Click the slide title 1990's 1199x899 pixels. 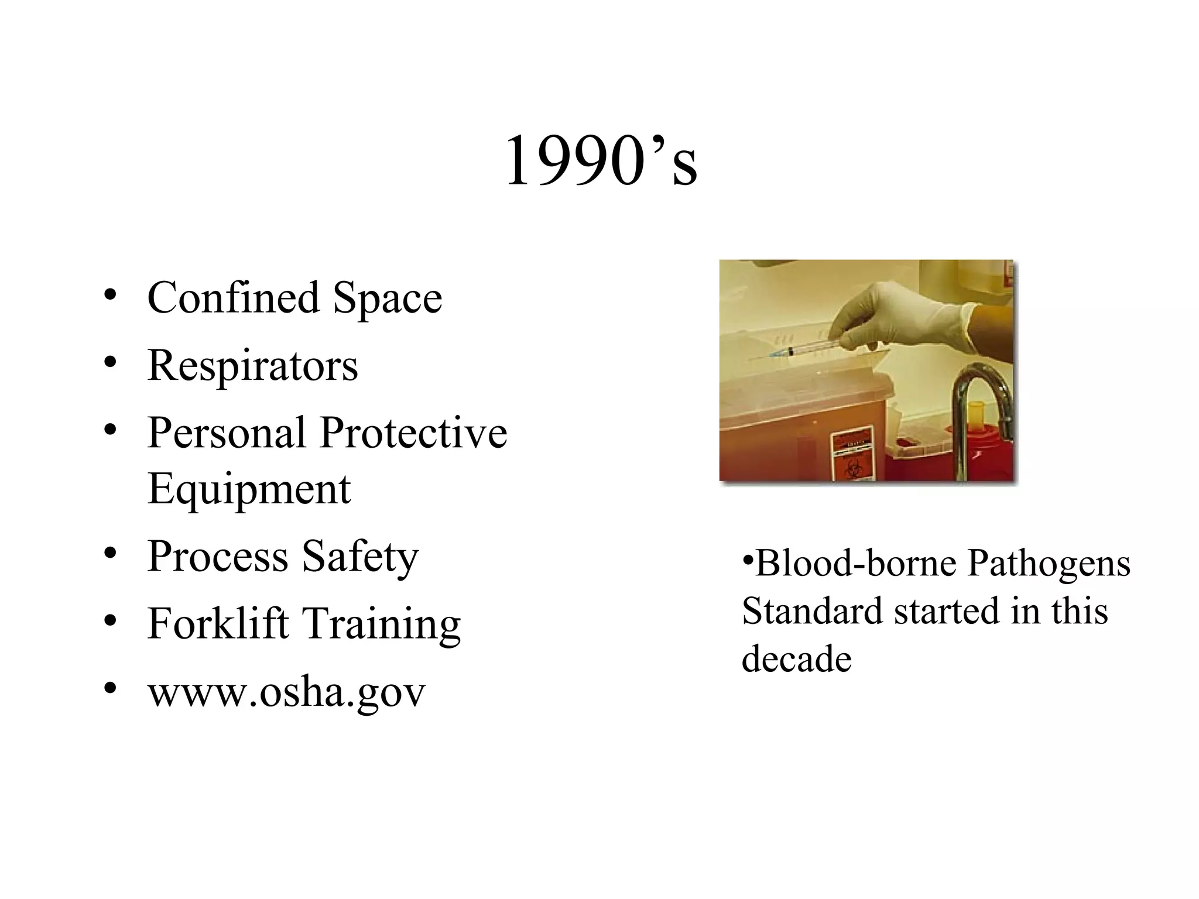coord(601,160)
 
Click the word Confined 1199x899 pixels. coord(233,297)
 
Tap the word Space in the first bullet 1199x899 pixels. coord(388,298)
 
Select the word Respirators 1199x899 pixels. coord(252,365)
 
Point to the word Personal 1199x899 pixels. coord(227,433)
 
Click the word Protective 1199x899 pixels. coord(413,433)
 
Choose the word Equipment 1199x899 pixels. coord(249,489)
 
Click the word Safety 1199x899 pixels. coord(360,557)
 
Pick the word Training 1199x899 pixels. coord(381,625)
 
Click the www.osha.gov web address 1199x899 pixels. coord(286,692)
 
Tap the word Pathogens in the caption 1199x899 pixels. coord(1049,564)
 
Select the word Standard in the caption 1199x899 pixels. coord(811,611)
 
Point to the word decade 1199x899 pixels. coord(796,659)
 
